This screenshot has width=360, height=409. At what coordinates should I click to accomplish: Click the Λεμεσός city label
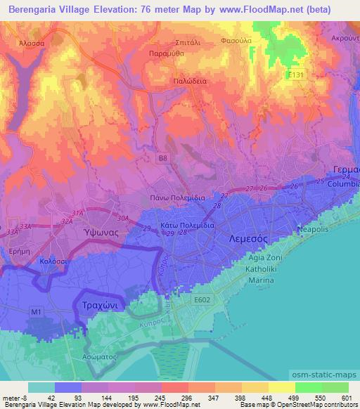248,239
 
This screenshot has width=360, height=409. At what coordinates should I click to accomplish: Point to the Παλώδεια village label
190,82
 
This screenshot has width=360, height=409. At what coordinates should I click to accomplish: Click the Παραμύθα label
167,53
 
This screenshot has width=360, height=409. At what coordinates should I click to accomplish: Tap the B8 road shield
162,159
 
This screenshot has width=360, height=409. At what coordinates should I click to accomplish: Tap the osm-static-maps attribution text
331,372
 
